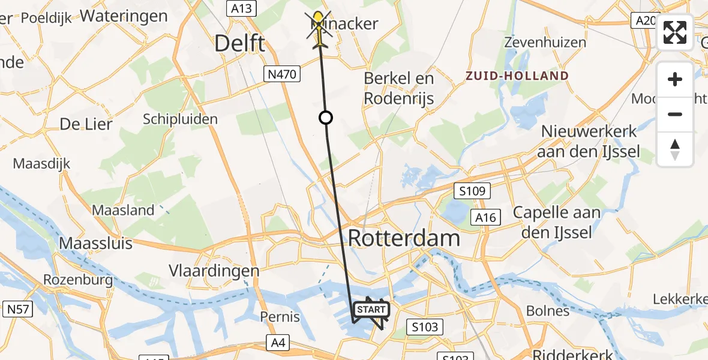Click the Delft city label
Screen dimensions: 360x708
coord(240,43)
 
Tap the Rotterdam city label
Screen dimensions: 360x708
coord(404,238)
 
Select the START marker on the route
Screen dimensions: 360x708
coord(371,310)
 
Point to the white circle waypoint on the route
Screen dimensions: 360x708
coord(326,118)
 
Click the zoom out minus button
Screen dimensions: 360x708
coord(675,114)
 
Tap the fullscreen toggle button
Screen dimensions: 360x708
coord(675,32)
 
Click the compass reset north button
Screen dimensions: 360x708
coord(675,149)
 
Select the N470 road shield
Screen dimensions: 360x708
coord(281,74)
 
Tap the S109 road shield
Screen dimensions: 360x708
coord(473,191)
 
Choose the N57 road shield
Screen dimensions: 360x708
coord(19,310)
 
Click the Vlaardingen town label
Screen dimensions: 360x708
coord(214,271)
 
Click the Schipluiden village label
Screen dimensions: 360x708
coord(180,119)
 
